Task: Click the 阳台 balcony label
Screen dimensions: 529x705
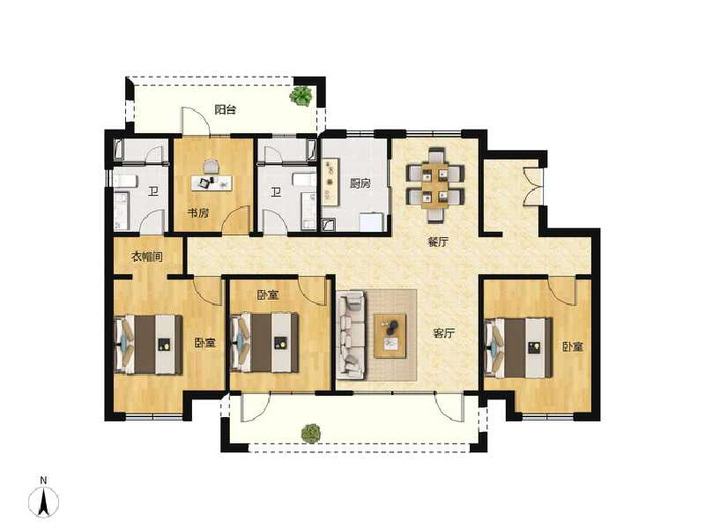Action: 226,110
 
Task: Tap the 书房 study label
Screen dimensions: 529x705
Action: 197,212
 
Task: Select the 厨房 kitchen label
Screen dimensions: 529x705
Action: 359,184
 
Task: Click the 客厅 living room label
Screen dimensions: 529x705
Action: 443,333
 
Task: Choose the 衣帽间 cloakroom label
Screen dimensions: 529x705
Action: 147,257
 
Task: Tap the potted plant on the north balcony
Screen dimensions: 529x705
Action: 301,95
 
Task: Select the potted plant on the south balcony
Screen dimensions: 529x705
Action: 310,433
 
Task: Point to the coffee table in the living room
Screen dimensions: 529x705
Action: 390,336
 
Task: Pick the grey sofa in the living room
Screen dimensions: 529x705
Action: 350,336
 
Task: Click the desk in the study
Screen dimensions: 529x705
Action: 211,183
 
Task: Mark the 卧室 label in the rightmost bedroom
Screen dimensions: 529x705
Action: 573,346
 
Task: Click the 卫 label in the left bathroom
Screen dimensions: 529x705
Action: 153,193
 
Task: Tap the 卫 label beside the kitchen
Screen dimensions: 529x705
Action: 276,193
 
